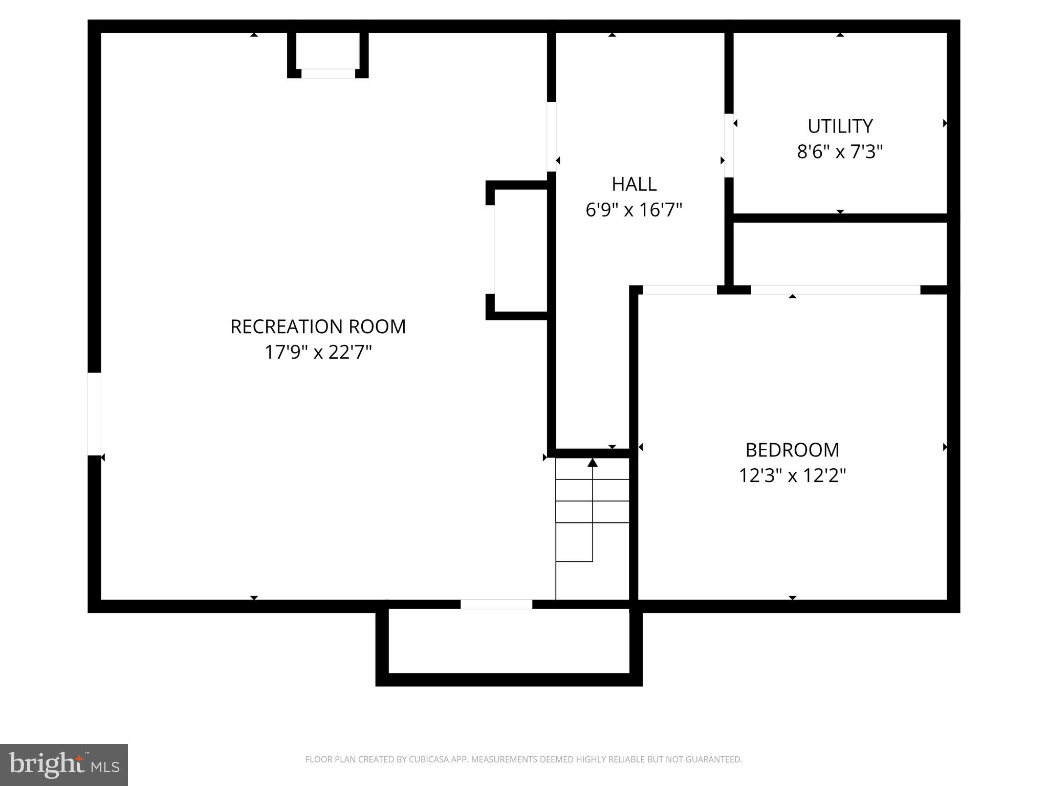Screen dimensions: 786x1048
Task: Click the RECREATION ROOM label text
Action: click(x=318, y=326)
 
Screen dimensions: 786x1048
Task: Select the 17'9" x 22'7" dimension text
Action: click(x=318, y=352)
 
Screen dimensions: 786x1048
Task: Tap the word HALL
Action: click(x=634, y=184)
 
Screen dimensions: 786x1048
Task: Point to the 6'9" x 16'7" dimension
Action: click(x=634, y=210)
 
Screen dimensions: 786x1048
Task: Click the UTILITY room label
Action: click(x=840, y=126)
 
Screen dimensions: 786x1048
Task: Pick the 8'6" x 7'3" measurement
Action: click(x=840, y=151)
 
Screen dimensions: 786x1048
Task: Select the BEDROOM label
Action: click(x=792, y=450)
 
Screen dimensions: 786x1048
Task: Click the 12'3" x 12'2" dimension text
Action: click(x=792, y=475)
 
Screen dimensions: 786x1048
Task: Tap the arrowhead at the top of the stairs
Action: click(x=593, y=463)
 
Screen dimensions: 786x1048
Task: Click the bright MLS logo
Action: click(x=64, y=765)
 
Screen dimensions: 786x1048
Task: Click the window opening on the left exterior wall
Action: click(x=95, y=413)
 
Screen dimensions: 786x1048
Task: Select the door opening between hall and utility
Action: click(x=729, y=145)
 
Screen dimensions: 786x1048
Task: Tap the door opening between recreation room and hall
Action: click(x=552, y=137)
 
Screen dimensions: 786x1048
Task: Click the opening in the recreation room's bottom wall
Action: click(x=496, y=604)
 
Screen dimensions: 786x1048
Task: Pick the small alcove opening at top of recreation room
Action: click(x=328, y=74)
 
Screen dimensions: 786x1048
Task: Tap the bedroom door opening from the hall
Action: click(x=680, y=290)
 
